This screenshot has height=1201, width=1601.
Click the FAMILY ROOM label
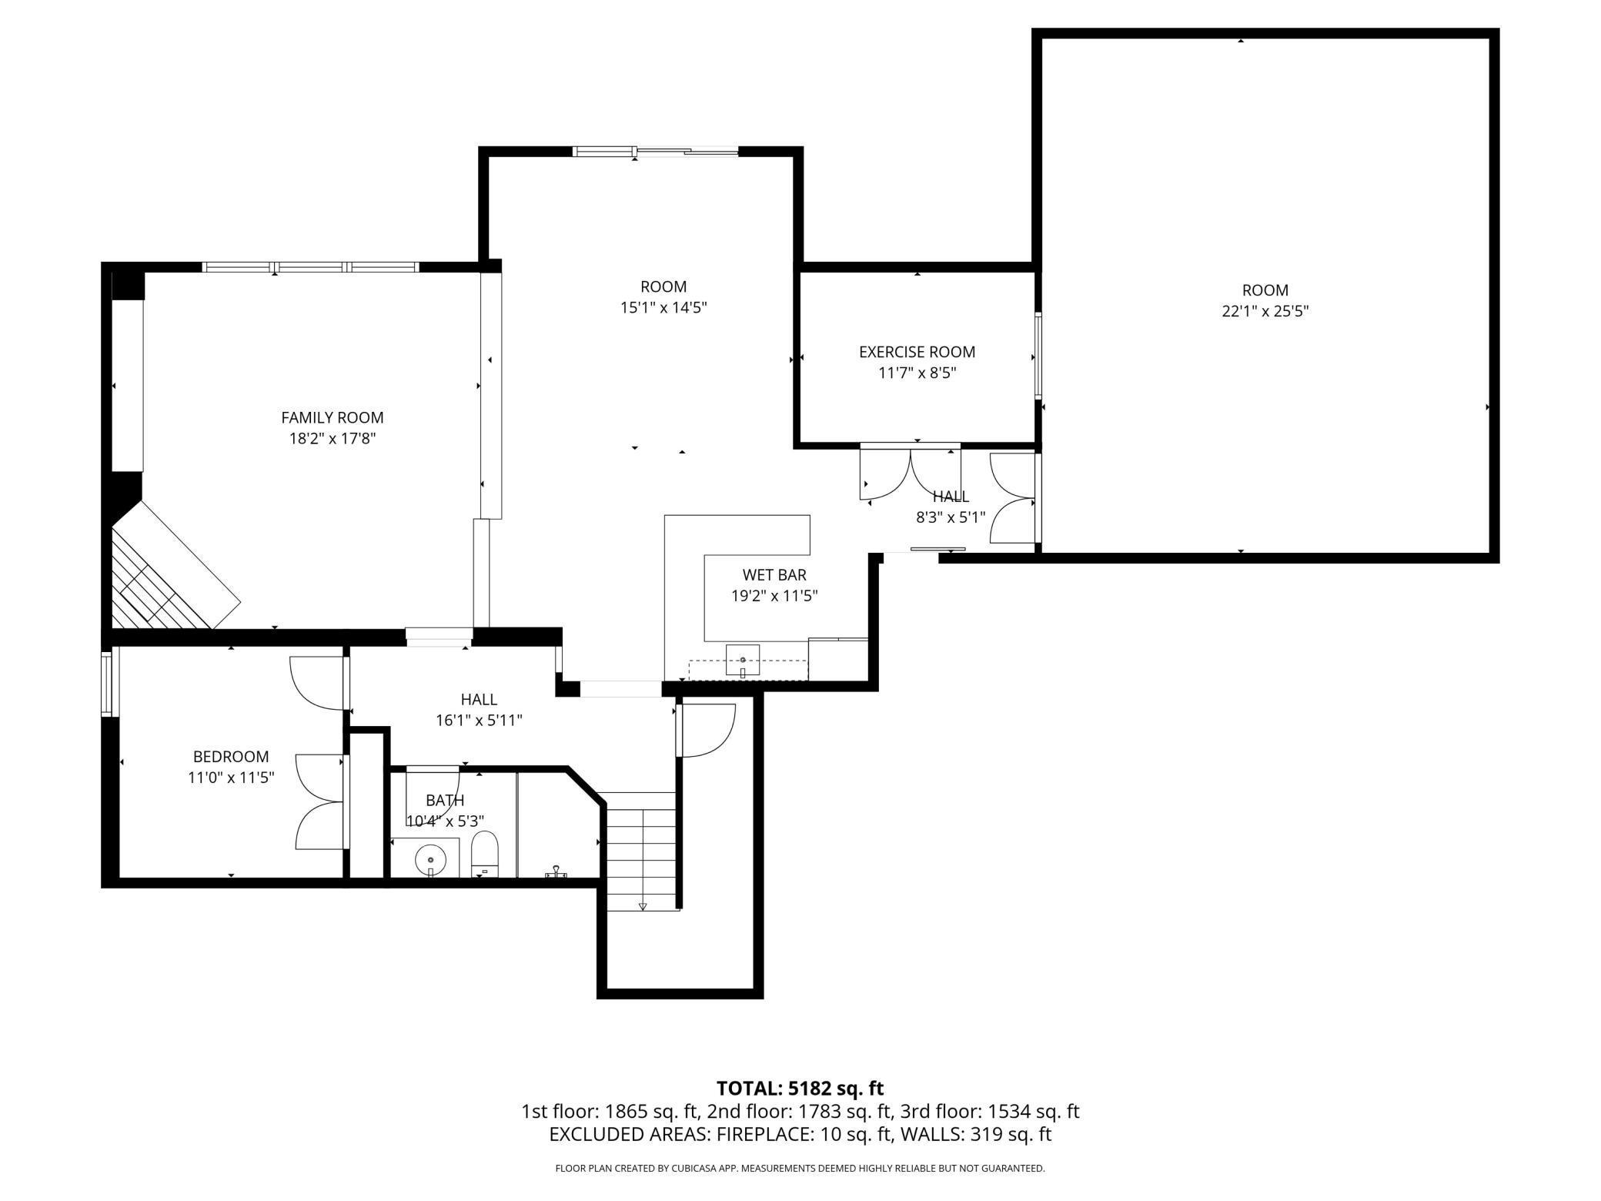(x=332, y=417)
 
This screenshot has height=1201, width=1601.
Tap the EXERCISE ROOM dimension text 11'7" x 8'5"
(x=917, y=373)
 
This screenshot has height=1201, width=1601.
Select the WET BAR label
(x=774, y=574)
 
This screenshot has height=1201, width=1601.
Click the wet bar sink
(x=743, y=661)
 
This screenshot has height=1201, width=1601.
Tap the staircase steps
(x=640, y=851)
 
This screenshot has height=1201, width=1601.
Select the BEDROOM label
(x=231, y=757)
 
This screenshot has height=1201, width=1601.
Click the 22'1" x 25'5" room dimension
(x=1265, y=312)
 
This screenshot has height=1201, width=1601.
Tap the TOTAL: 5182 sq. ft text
(x=800, y=1088)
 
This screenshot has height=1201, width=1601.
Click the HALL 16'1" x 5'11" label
(x=479, y=710)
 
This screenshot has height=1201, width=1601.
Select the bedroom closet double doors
(x=319, y=802)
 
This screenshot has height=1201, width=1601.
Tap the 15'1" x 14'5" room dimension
(x=663, y=308)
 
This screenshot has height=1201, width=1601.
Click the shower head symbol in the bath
(x=555, y=871)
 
